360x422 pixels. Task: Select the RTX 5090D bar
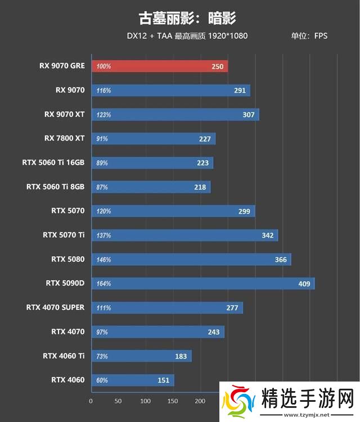pyautogui.click(x=202, y=283)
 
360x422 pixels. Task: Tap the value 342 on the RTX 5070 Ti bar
pyautogui.click(x=268, y=235)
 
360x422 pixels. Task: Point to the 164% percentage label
pyautogui.click(x=103, y=284)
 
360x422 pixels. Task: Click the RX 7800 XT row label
pyautogui.click(x=64, y=138)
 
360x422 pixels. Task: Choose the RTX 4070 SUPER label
pyautogui.click(x=55, y=307)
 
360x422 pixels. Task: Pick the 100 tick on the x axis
pyautogui.click(x=145, y=401)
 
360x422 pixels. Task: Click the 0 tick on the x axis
pyautogui.click(x=91, y=401)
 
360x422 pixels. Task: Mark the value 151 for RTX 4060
pyautogui.click(x=163, y=380)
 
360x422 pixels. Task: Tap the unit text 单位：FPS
pyautogui.click(x=309, y=36)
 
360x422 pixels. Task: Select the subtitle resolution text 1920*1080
pyautogui.click(x=227, y=36)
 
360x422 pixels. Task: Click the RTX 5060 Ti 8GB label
pyautogui.click(x=55, y=187)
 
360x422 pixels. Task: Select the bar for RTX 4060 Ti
pyautogui.click(x=141, y=356)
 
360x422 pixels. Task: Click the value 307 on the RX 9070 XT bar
pyautogui.click(x=249, y=115)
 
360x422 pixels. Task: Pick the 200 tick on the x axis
pyautogui.click(x=200, y=401)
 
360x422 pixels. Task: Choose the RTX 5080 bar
pyautogui.click(x=191, y=259)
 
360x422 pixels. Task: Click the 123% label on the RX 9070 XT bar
pyautogui.click(x=103, y=115)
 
